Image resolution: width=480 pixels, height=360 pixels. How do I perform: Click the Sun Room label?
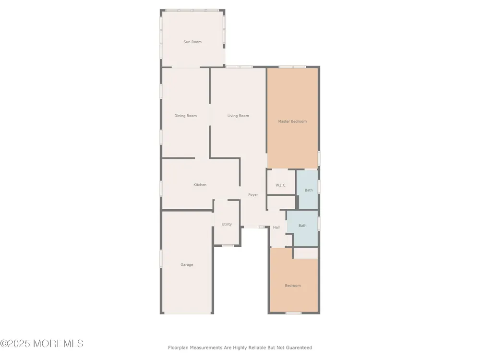pyautogui.click(x=192, y=42)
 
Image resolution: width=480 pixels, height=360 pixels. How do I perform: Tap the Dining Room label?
pyautogui.click(x=185, y=116)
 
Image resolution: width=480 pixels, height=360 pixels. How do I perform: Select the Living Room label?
pyautogui.click(x=238, y=116)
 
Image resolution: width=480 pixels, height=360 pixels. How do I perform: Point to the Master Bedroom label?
pyautogui.click(x=292, y=121)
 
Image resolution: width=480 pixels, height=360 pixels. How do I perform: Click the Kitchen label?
pyautogui.click(x=200, y=185)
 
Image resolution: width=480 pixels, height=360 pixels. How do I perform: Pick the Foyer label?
pyautogui.click(x=253, y=195)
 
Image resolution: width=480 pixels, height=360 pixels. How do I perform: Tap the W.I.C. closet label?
pyautogui.click(x=281, y=185)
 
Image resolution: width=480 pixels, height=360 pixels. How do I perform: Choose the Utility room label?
pyautogui.click(x=227, y=224)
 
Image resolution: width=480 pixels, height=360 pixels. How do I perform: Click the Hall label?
pyautogui.click(x=276, y=227)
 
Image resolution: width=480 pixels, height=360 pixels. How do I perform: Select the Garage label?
pyautogui.click(x=187, y=265)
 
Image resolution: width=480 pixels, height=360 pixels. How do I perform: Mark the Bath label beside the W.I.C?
pyautogui.click(x=309, y=190)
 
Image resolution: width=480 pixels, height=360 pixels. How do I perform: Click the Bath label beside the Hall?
pyautogui.click(x=302, y=226)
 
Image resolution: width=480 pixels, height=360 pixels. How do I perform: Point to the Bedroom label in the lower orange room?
pyautogui.click(x=293, y=286)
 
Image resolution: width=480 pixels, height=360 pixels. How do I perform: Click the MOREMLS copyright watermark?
pyautogui.click(x=42, y=344)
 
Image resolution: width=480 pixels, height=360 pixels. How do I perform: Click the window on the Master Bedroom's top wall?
pyautogui.click(x=292, y=67)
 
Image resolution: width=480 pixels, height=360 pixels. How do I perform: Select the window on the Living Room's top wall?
pyautogui.click(x=239, y=67)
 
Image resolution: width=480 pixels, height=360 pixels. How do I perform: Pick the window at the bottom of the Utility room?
pyautogui.click(x=228, y=245)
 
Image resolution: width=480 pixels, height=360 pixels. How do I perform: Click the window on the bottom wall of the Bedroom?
pyautogui.click(x=294, y=313)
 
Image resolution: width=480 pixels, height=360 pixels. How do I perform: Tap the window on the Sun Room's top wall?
pyautogui.click(x=192, y=11)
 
